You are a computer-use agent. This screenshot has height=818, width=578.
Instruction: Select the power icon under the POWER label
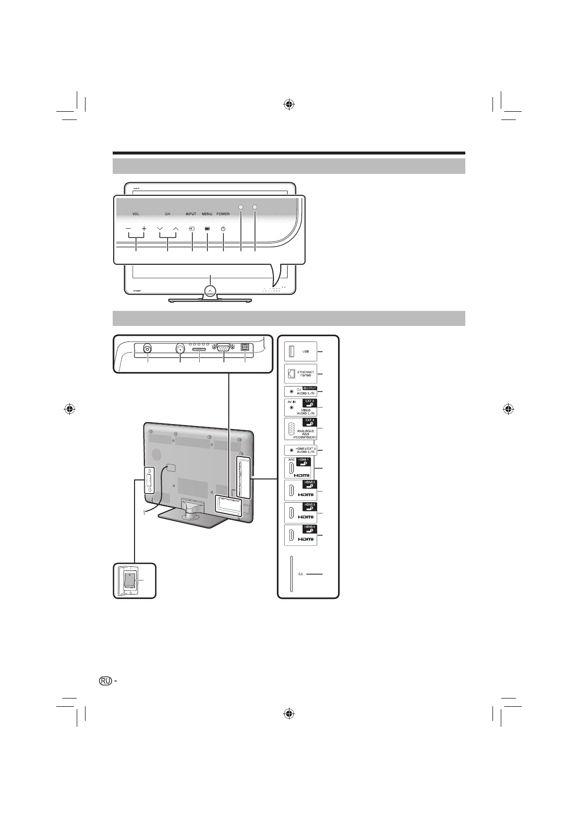[x=223, y=228]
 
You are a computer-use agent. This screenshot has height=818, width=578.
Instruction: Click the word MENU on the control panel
[x=207, y=214]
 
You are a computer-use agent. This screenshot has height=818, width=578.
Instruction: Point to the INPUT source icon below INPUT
[x=192, y=228]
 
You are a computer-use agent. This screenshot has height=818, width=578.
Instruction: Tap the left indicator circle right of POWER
[x=241, y=206]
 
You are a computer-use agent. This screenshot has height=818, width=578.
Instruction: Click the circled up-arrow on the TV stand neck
[x=210, y=290]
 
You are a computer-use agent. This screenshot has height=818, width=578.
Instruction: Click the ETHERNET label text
[x=306, y=372]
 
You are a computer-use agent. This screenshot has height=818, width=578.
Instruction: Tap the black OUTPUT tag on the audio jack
[x=309, y=388]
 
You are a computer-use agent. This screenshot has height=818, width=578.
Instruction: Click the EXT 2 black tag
[x=309, y=402]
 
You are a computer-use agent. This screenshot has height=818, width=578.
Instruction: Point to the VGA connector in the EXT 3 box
[x=291, y=429]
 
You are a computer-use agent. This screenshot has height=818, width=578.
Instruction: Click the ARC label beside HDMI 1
[x=291, y=460]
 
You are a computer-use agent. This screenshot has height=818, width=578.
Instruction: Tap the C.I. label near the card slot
[x=300, y=574]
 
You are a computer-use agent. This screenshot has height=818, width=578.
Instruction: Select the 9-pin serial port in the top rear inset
[x=223, y=348]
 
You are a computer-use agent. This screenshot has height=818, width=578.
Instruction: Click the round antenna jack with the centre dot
[x=180, y=348]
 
